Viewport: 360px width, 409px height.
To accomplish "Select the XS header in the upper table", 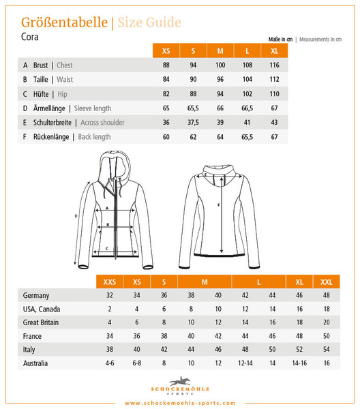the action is click(166, 51).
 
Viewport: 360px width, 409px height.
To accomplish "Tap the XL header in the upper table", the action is click(274, 51).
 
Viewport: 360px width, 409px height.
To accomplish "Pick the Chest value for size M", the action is click(220, 65).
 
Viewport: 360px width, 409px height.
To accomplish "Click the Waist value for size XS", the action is click(166, 80).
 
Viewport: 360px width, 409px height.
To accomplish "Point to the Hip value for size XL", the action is click(274, 94).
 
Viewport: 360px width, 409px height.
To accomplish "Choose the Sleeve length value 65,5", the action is click(193, 108).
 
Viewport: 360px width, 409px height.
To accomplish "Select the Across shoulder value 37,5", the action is click(193, 123).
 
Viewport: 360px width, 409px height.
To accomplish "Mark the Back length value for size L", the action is click(247, 137).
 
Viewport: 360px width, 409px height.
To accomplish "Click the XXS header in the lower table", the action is click(109, 282).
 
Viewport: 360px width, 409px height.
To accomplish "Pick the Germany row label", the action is click(36, 296).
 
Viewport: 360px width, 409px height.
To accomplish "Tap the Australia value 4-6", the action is click(109, 363).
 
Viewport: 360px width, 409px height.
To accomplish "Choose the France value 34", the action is click(109, 335).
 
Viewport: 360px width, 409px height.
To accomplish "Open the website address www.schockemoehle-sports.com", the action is click(180, 403).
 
